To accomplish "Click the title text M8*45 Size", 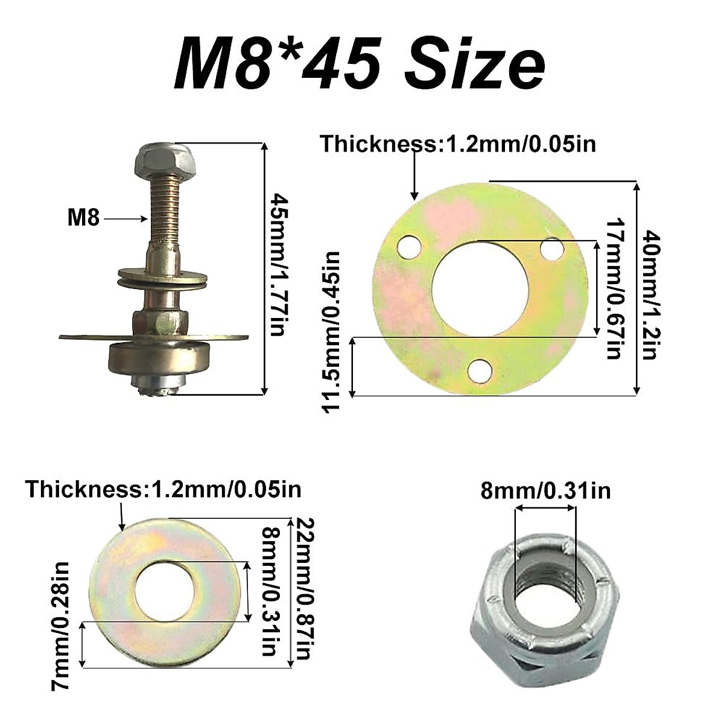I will pyautogui.click(x=360, y=63).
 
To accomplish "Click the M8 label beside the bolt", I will pyautogui.click(x=83, y=217).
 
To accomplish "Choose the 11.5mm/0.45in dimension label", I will pyautogui.click(x=332, y=332).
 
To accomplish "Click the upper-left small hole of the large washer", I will pyautogui.click(x=408, y=246).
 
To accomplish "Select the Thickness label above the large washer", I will pyautogui.click(x=457, y=145).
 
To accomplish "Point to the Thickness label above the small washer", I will pyautogui.click(x=163, y=489).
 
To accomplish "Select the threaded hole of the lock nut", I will pyautogui.click(x=545, y=585).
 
